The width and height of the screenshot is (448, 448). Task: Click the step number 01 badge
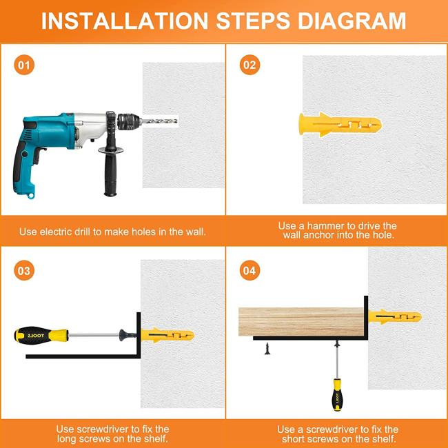coord(24,65)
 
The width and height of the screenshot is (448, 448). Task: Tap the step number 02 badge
coord(250,65)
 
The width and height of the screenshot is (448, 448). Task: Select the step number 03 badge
coord(24,270)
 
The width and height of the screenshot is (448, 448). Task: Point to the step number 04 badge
coord(250,270)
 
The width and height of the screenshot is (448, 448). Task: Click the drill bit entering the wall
coord(159,121)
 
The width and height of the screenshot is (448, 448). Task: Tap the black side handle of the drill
coord(110,172)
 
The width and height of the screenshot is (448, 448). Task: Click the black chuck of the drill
coord(129,122)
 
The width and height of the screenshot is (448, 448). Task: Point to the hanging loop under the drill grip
coord(30,196)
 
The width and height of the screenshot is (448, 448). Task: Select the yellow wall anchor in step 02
coord(340,125)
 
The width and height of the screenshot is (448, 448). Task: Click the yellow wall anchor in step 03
coord(167,335)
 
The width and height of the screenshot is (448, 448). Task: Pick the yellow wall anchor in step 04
coord(395,317)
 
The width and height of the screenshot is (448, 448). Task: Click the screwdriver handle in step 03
coord(42,335)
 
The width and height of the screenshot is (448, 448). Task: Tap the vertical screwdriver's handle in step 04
coord(337,394)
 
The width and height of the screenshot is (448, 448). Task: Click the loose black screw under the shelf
coord(267,349)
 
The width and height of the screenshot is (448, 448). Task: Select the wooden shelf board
coord(301,322)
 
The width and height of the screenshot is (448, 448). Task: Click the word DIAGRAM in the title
coord(352,21)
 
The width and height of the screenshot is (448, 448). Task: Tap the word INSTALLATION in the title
coord(125,21)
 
